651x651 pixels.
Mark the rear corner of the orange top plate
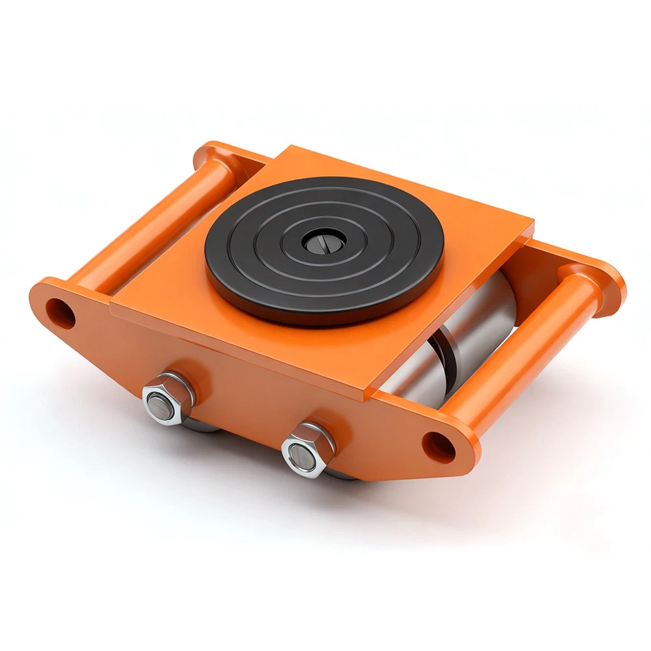pyautogui.click(x=286, y=150)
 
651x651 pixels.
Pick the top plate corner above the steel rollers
pyautogui.click(x=531, y=225)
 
